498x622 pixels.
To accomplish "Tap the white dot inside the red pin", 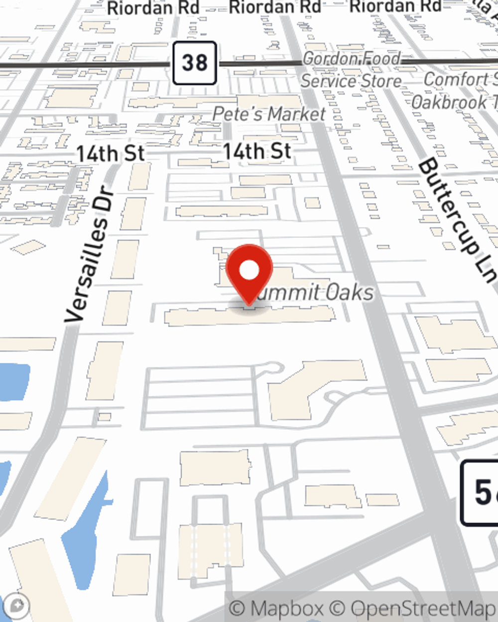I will click(249, 270).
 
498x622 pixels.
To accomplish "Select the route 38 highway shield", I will click(195, 63).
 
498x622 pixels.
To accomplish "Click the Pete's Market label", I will click(269, 113).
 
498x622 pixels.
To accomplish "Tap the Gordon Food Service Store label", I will click(352, 70).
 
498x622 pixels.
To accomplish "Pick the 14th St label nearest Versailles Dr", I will click(111, 153).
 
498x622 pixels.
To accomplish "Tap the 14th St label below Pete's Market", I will click(256, 151).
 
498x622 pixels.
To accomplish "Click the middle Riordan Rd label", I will click(274, 7).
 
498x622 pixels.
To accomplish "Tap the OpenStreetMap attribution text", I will click(423, 608).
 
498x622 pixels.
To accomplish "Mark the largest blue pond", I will click(85, 527).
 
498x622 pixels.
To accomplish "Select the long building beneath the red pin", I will click(249, 315).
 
